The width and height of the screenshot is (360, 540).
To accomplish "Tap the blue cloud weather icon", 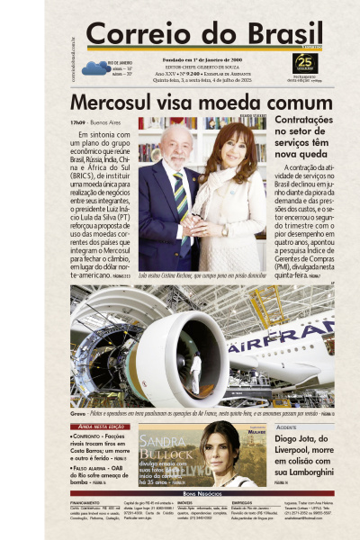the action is [94, 67].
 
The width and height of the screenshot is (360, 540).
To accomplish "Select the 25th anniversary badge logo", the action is [305, 63].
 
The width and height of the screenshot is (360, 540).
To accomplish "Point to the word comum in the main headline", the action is [286, 103].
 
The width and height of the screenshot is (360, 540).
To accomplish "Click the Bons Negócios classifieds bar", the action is [202, 493].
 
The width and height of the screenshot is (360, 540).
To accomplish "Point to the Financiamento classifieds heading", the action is [86, 501].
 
